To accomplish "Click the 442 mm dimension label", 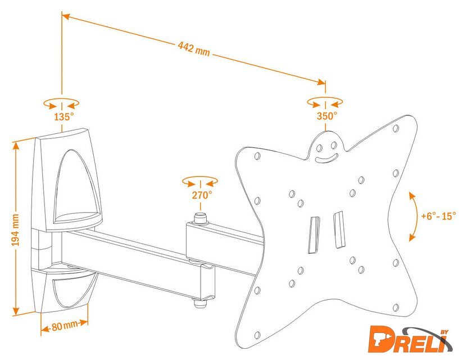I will pyautogui.click(x=194, y=49).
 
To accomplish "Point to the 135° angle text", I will pyautogui.click(x=64, y=117).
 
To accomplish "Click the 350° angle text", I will pyautogui.click(x=326, y=116).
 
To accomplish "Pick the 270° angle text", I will pyautogui.click(x=201, y=195).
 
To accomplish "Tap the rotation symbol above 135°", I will pyautogui.click(x=61, y=103).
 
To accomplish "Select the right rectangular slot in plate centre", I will pyautogui.click(x=338, y=229).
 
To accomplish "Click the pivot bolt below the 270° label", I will pyautogui.click(x=200, y=217).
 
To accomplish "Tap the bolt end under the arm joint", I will pyautogui.click(x=200, y=304).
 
